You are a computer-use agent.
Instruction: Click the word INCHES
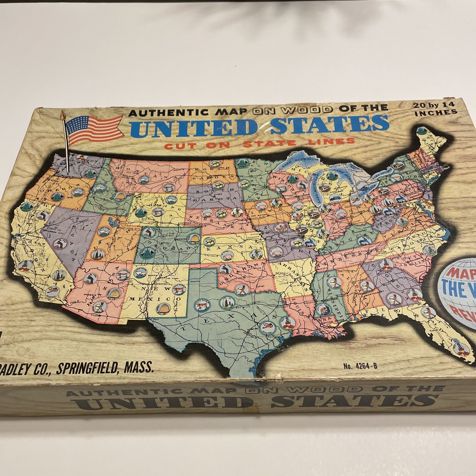click(435, 113)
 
